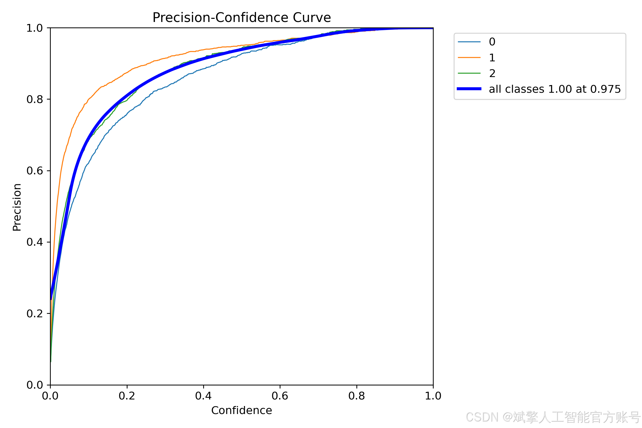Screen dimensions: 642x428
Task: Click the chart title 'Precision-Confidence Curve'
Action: [242, 18]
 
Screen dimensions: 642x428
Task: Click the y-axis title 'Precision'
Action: [17, 207]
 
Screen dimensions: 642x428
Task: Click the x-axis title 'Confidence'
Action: [242, 410]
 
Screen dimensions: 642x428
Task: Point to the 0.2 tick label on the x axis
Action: [127, 396]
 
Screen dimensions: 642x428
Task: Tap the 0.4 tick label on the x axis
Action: [203, 396]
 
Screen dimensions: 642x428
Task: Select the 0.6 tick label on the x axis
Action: [280, 396]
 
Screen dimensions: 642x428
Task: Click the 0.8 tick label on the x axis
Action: [357, 396]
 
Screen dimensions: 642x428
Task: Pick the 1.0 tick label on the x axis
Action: [433, 396]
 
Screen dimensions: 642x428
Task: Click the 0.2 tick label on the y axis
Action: [35, 314]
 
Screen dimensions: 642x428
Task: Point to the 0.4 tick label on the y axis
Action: [35, 242]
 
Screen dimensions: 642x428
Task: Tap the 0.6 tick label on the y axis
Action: [35, 171]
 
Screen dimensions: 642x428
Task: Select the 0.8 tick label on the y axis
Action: [35, 99]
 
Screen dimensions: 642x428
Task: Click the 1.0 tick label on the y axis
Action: [35, 28]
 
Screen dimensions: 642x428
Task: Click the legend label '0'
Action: [492, 42]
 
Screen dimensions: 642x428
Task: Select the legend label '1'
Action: [492, 58]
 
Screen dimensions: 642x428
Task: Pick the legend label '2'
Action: [492, 73]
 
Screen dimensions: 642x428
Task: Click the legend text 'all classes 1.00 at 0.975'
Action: [555, 89]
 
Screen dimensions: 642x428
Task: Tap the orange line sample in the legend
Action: [469, 58]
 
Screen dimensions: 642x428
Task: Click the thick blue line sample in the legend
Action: [469, 89]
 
